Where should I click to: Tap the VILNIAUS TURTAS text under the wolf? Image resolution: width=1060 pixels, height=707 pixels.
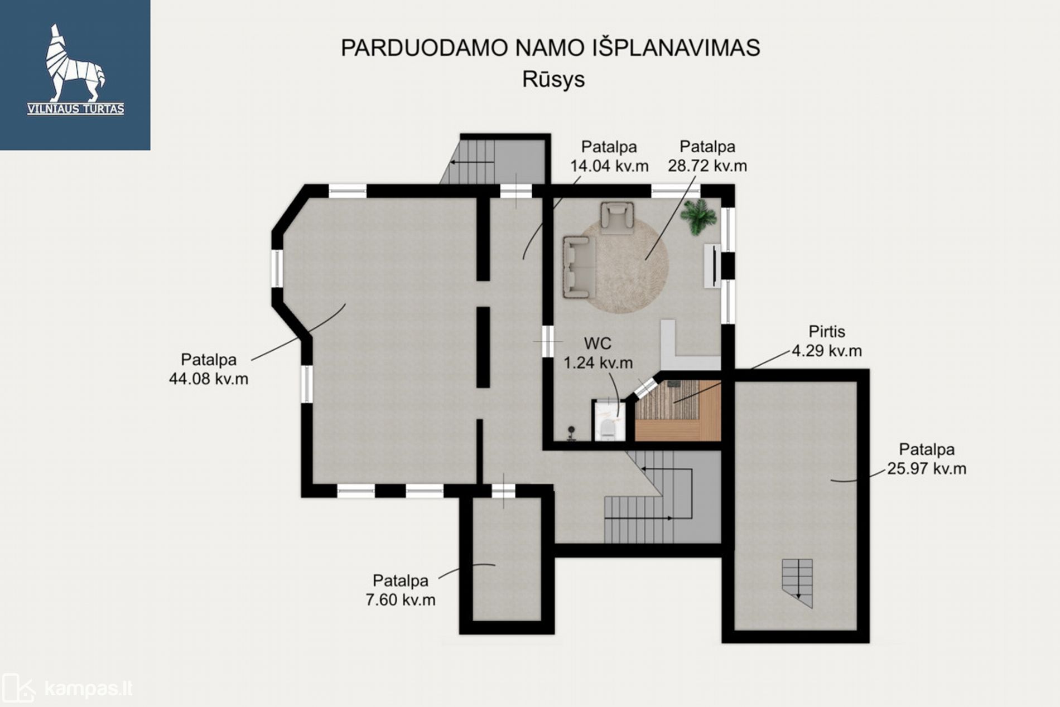tap(75, 109)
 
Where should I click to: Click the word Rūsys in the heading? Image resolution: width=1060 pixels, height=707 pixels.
tap(553, 79)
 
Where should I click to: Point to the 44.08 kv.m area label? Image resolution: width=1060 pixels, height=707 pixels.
tap(209, 379)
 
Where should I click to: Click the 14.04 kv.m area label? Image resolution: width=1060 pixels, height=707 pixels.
tap(609, 166)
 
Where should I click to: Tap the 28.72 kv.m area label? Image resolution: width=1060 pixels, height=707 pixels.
tap(707, 166)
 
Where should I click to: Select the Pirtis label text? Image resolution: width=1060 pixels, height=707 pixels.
tap(827, 332)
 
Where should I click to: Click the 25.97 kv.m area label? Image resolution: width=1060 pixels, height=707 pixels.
tap(927, 468)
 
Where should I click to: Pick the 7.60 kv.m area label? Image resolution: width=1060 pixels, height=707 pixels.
tap(401, 600)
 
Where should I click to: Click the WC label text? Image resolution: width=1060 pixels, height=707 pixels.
tap(598, 343)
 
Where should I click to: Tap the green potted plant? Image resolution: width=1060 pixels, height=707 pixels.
tap(698, 216)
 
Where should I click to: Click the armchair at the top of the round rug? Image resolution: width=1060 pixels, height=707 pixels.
tap(617, 217)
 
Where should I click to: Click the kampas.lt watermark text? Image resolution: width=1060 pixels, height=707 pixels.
tap(88, 689)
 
